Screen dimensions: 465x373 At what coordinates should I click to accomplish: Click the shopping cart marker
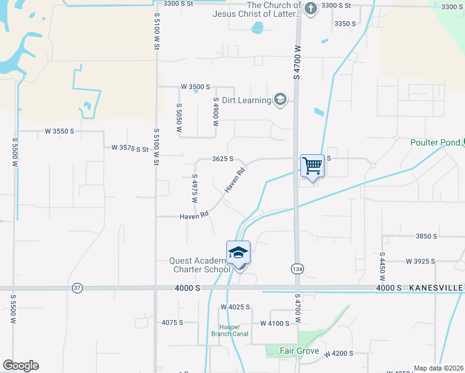coord(312,166)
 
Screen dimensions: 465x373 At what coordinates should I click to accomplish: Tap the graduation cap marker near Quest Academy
coord(238,252)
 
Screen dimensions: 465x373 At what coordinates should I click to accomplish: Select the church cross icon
coord(311,8)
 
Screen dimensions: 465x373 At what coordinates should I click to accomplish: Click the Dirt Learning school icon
coord(280,100)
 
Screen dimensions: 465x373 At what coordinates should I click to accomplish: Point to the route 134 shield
coord(297,268)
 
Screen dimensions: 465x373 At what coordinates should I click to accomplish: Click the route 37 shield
coord(77,288)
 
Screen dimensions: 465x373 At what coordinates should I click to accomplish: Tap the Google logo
coord(21,366)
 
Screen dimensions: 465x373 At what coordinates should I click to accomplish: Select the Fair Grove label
coord(299,351)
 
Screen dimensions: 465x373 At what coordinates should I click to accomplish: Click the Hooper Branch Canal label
coord(233,330)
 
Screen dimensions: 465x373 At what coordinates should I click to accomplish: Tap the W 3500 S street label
coord(195,87)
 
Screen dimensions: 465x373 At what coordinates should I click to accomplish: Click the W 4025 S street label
coord(235,307)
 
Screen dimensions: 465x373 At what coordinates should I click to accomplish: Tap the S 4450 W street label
coord(382,268)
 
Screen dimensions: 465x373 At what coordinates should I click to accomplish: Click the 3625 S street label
coord(222,159)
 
